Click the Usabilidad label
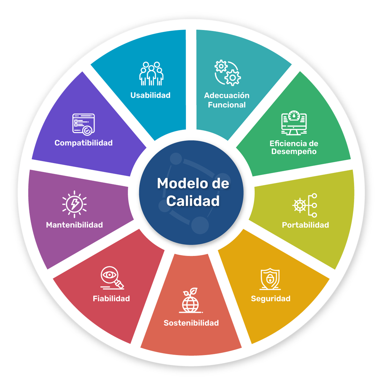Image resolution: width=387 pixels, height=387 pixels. tap(150, 95)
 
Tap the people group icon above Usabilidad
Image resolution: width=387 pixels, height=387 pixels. tap(151, 74)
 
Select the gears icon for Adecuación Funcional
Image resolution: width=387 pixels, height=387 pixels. tap(227, 73)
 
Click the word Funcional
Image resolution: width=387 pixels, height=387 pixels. tap(227, 105)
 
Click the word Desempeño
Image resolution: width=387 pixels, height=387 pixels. tap(294, 152)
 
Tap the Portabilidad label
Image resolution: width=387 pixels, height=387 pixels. tap(305, 225)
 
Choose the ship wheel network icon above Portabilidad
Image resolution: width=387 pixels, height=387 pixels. tap(305, 205)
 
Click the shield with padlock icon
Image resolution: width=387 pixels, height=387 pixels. tap(270, 279)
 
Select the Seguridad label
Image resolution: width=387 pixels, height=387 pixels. tap(271, 299)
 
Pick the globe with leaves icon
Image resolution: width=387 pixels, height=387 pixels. tap(191, 301)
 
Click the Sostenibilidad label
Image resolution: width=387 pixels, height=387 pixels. tap(191, 323)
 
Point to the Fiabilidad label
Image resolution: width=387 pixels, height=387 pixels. tap(111, 299)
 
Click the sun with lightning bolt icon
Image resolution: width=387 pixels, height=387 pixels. tap(74, 204)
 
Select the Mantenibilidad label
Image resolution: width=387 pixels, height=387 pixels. tap(74, 225)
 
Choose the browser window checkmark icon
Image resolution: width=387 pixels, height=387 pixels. tap(84, 124)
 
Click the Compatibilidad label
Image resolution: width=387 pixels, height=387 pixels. tap(84, 143)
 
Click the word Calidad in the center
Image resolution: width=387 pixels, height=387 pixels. tap(193, 201)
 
